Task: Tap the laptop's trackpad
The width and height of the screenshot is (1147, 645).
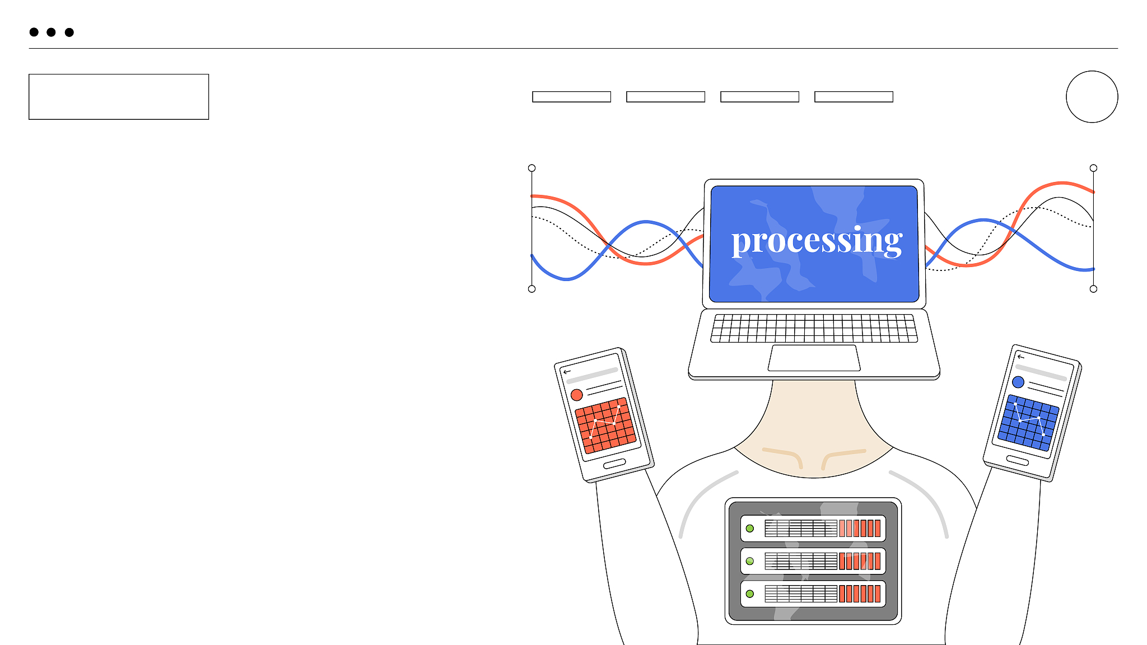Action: click(x=814, y=358)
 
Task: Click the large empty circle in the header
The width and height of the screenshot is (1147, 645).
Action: click(x=1092, y=96)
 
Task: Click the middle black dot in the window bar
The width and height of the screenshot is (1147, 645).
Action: click(x=51, y=32)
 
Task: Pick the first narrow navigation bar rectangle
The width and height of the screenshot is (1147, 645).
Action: click(x=571, y=97)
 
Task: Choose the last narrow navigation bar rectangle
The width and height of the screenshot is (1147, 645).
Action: click(x=854, y=97)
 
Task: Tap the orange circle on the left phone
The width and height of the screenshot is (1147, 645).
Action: click(x=576, y=395)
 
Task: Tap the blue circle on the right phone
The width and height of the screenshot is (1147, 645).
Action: click(x=1018, y=382)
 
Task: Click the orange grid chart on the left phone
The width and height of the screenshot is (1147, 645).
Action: click(x=605, y=426)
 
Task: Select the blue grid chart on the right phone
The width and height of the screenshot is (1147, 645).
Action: click(x=1028, y=423)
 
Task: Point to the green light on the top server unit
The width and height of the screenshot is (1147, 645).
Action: click(x=750, y=529)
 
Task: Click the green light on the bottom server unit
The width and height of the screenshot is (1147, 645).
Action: click(x=750, y=594)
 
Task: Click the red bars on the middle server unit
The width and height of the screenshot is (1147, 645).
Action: click(x=860, y=561)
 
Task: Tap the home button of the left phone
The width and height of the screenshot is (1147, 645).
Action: click(x=614, y=464)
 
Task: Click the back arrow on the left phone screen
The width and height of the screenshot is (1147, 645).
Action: click(x=567, y=372)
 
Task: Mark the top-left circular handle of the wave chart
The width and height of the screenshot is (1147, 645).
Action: click(x=532, y=168)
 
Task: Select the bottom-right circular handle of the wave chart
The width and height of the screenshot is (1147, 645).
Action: click(x=1093, y=289)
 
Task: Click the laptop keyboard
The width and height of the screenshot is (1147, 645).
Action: click(x=814, y=328)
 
